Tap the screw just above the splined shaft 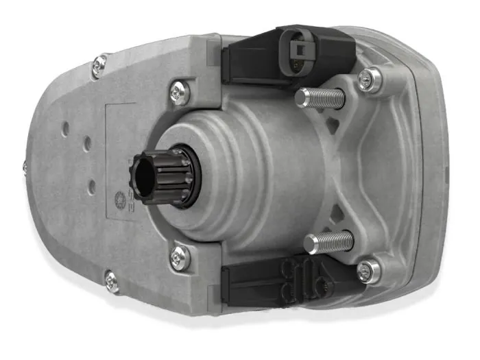pos(180,90)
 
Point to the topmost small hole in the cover pos(64,127)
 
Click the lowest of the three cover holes pos(91,184)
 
